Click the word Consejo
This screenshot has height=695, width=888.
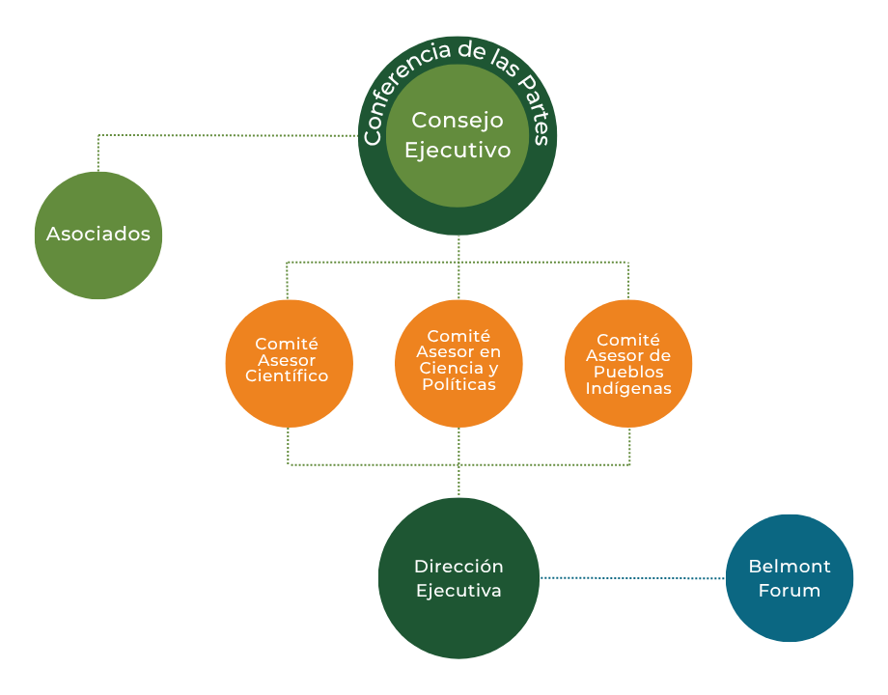point(458,121)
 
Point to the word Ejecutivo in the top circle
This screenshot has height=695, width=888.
point(458,151)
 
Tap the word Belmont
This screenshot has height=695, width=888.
point(790,567)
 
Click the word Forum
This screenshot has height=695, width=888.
point(790,590)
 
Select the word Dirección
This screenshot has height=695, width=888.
point(458,567)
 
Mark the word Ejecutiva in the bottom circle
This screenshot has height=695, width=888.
point(458,591)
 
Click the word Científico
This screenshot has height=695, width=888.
point(288,376)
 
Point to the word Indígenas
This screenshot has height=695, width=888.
point(628,389)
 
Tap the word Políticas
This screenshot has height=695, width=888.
point(458,384)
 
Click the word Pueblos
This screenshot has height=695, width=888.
point(628,373)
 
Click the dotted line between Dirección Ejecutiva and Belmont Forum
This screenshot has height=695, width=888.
point(632,577)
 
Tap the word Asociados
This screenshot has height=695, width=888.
point(98,234)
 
